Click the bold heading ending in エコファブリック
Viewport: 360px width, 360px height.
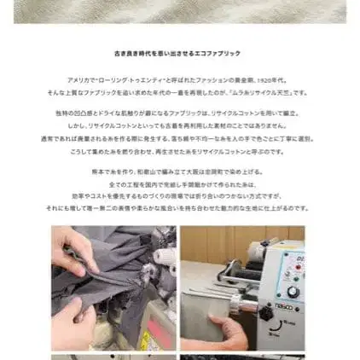coord(179,53)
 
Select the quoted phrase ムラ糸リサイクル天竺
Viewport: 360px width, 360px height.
coord(264,91)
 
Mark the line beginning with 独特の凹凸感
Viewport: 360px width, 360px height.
coord(179,113)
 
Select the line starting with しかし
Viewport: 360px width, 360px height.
coord(179,125)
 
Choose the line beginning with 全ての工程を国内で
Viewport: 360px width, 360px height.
coord(179,183)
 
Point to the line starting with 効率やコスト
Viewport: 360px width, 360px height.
coord(179,195)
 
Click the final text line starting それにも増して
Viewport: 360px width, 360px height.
coord(179,206)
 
